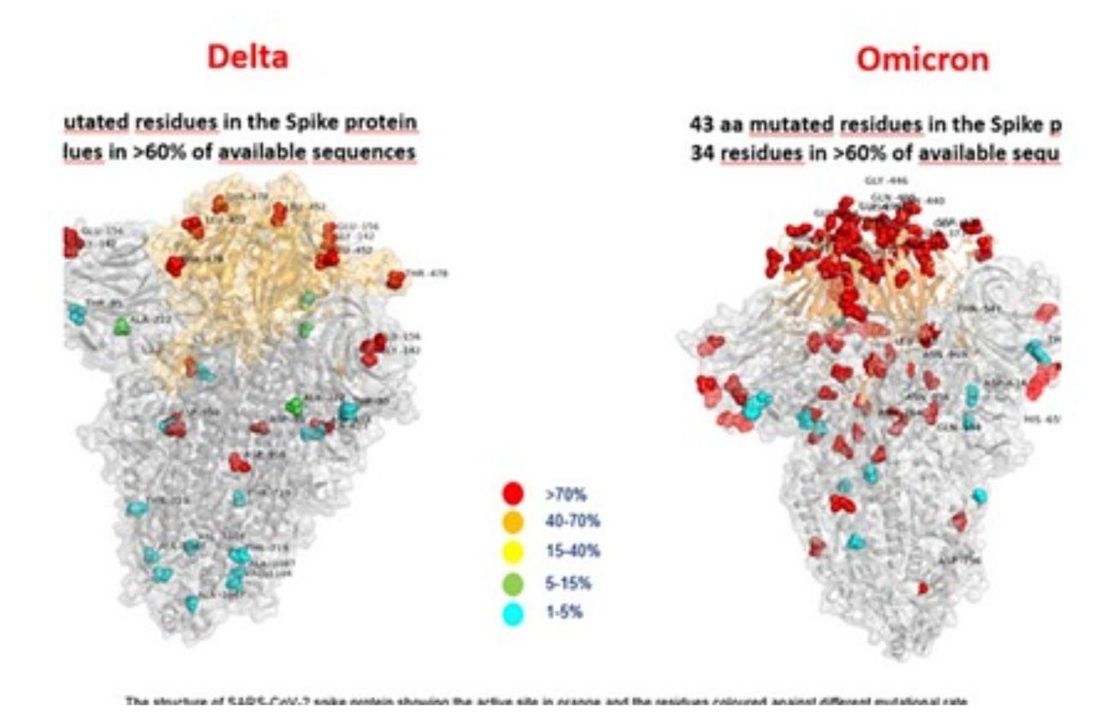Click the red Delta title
pos(247,57)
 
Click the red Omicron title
pos(922,59)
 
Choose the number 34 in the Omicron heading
pos(701,154)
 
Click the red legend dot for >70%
pos(513,493)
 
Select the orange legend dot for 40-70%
pos(513,521)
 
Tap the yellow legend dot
pos(513,552)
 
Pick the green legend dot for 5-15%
pos(513,583)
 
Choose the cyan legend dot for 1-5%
pos(513,613)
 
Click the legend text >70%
pos(564,494)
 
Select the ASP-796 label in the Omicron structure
pos(958,561)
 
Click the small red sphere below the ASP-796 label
pos(923,588)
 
